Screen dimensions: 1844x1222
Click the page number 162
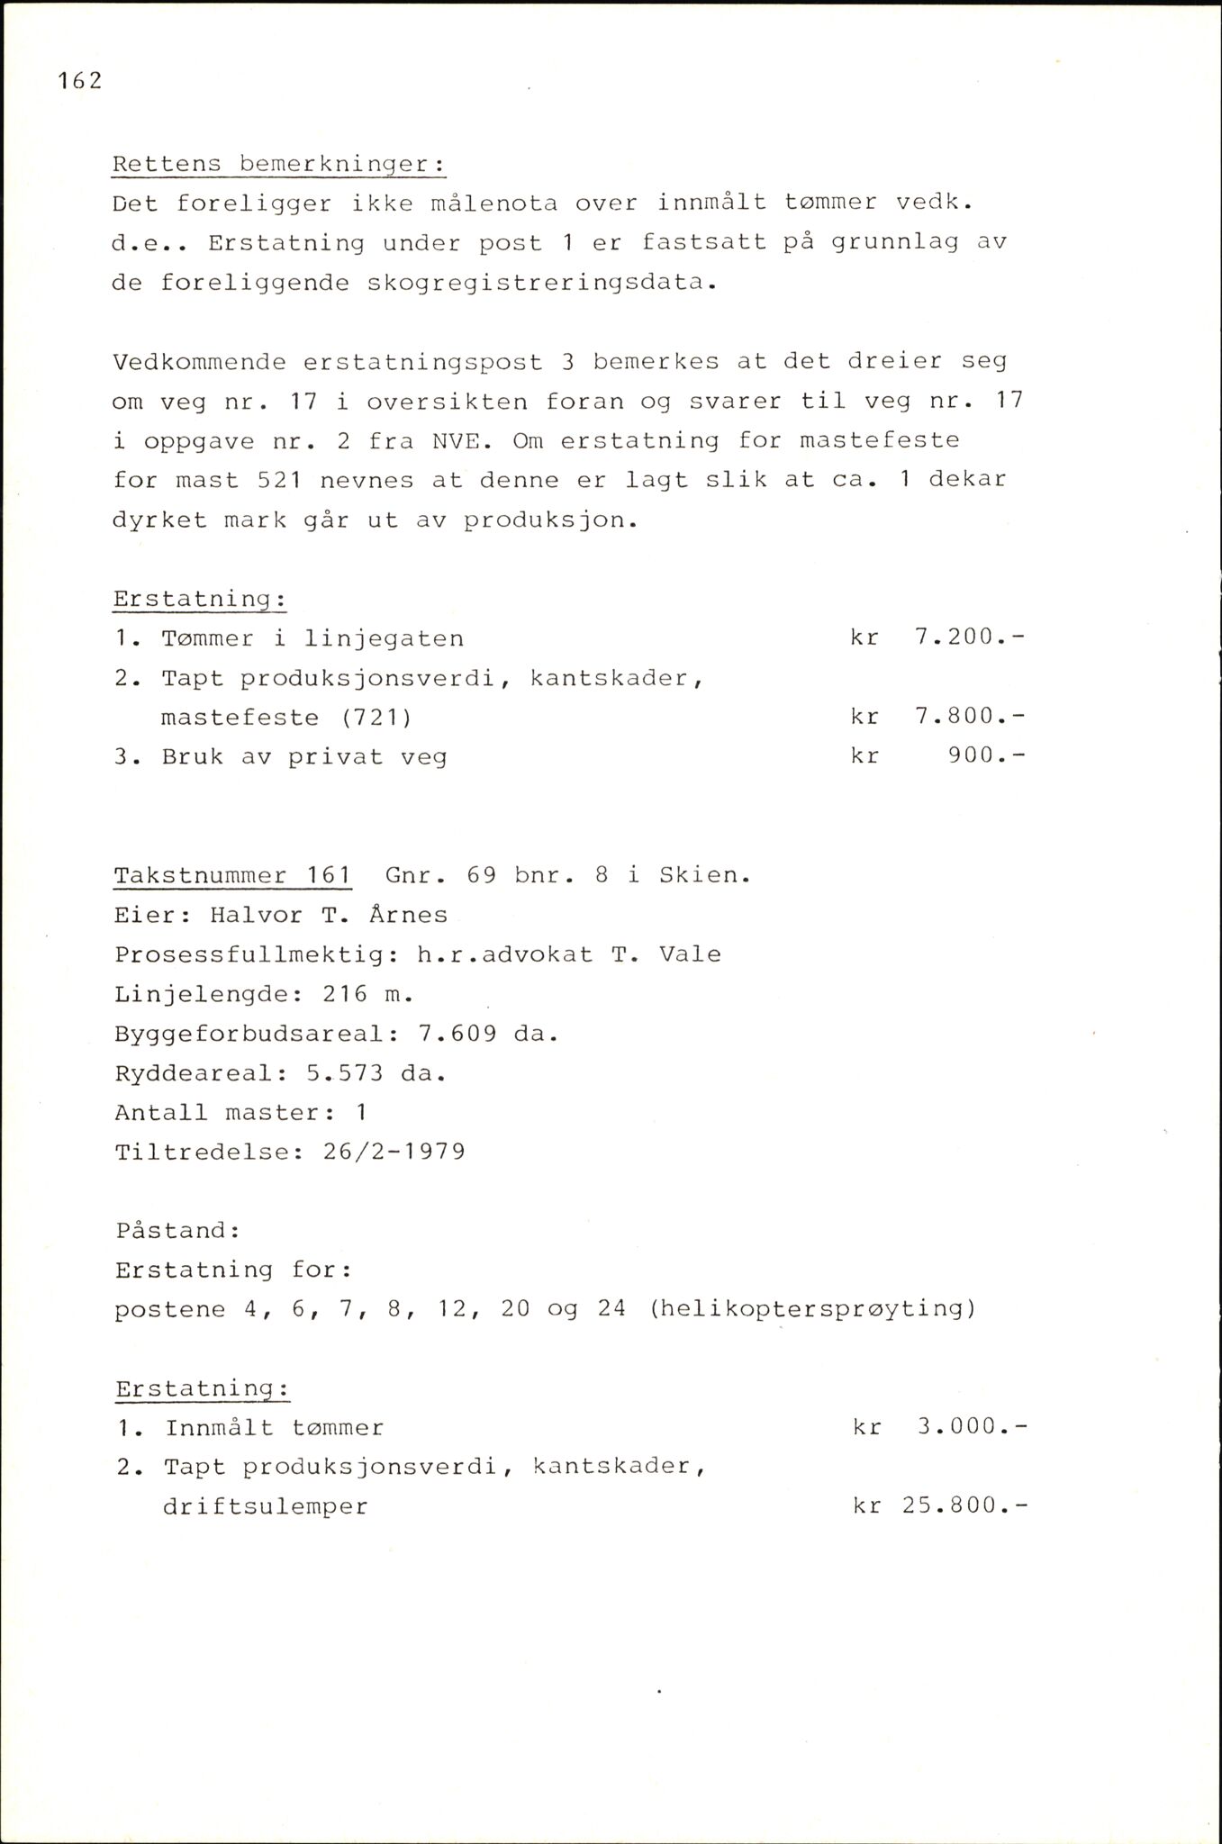point(79,81)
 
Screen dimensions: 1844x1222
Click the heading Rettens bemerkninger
point(278,165)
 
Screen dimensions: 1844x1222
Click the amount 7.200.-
point(969,638)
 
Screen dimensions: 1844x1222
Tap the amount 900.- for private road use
point(986,756)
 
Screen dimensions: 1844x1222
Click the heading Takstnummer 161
point(232,875)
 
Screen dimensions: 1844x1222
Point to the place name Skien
point(703,875)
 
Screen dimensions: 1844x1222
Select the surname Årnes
point(408,915)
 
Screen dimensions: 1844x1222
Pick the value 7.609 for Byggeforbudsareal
point(457,1034)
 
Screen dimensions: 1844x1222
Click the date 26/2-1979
point(394,1152)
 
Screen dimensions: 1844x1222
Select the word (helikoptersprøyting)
point(811,1309)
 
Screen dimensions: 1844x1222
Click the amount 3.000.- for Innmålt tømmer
point(971,1427)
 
